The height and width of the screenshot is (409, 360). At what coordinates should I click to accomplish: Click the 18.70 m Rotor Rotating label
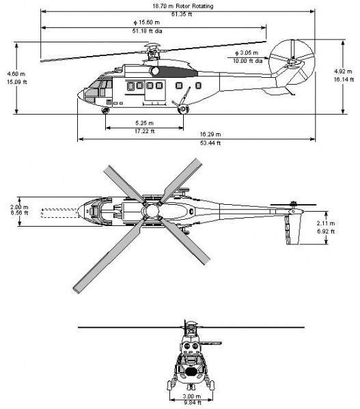[182, 5]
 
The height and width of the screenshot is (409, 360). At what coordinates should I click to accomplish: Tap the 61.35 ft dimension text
[182, 14]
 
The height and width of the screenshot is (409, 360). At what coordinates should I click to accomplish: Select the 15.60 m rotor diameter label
[147, 23]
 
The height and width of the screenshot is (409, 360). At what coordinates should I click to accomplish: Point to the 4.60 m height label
[16, 74]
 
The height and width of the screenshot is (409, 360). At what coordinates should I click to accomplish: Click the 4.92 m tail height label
[343, 71]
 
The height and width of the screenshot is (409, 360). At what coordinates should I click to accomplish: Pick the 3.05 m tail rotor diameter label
[247, 53]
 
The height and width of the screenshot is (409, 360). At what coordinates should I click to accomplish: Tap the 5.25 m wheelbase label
[144, 123]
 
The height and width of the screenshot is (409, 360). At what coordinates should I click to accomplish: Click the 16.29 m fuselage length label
[210, 135]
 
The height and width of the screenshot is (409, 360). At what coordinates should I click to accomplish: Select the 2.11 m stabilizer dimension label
[326, 223]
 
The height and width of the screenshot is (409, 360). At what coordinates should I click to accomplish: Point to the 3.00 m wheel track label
[192, 396]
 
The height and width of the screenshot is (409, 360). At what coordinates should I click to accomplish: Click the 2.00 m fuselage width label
[19, 207]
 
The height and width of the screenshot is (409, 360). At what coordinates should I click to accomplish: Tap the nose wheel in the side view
[106, 111]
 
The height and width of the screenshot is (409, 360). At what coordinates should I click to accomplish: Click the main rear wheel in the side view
[182, 109]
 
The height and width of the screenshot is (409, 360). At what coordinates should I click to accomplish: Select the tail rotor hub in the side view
[292, 62]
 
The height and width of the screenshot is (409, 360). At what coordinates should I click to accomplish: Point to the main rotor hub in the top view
[152, 210]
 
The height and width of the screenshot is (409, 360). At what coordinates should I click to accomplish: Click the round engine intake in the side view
[154, 71]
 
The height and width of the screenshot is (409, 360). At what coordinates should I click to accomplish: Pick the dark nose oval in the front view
[191, 371]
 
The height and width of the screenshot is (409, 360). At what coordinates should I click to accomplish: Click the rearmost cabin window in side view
[198, 85]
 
